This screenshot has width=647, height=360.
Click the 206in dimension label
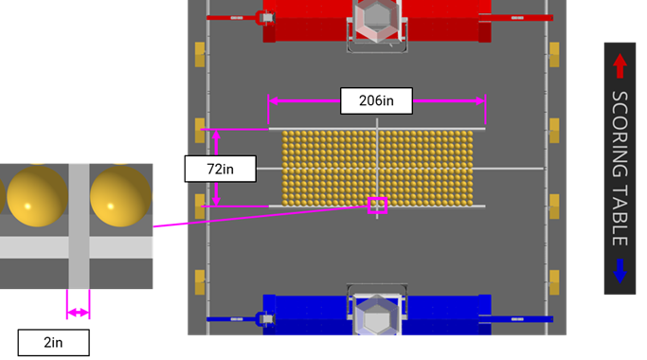376,100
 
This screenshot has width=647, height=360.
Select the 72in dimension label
221,169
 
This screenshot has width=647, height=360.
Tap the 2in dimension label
53,342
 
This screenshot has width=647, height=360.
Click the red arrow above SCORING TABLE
620,66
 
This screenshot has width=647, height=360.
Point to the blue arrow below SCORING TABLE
620,271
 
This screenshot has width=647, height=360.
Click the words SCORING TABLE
620,169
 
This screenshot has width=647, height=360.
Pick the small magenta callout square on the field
377,206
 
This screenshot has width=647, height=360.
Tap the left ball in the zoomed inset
38,196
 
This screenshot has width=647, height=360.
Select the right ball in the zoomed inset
121,196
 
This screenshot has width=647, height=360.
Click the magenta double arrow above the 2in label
78,313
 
